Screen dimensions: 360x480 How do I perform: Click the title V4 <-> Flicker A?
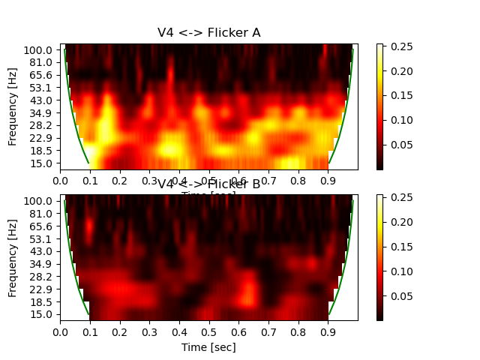click(x=208, y=32)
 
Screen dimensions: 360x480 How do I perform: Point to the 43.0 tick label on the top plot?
click(x=43, y=100)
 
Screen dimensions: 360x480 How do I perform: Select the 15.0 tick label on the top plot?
click(x=43, y=163)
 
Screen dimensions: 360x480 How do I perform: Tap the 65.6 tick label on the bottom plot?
click(x=43, y=226)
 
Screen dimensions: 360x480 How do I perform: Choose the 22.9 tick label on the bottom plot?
click(x=43, y=289)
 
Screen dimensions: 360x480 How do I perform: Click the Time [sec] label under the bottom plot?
click(x=208, y=347)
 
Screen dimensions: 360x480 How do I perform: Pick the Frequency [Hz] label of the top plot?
click(x=13, y=106)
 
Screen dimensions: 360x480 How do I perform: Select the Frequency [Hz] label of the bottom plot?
click(x=13, y=257)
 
